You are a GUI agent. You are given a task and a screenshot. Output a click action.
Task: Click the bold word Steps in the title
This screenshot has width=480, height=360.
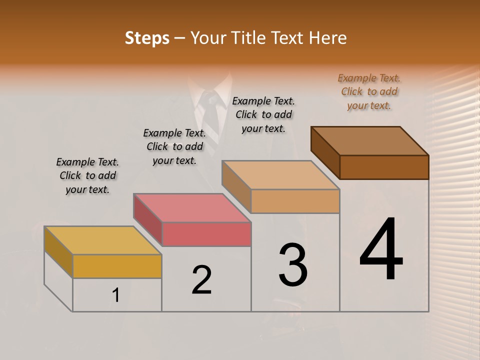[147, 38]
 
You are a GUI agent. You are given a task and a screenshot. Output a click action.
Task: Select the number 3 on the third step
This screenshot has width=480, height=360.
[293, 265]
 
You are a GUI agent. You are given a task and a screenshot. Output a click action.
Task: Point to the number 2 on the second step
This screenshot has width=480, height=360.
[202, 280]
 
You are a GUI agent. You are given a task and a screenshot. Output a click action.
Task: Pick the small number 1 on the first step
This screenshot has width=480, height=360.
[116, 295]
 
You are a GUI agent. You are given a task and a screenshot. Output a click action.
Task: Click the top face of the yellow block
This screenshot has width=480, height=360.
[102, 240]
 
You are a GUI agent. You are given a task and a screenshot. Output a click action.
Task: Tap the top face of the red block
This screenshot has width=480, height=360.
[192, 208]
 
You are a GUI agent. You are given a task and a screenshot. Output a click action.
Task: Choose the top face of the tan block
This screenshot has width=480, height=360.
[280, 175]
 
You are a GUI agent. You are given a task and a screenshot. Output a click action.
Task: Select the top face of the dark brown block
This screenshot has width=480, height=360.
[370, 141]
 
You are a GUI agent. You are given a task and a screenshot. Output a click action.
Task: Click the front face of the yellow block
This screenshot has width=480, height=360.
[117, 266]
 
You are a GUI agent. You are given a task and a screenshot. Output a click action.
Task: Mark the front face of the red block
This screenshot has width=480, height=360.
[206, 234]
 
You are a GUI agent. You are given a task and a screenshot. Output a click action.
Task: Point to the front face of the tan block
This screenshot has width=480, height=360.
[295, 201]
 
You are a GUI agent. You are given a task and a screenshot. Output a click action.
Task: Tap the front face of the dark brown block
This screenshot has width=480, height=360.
[384, 167]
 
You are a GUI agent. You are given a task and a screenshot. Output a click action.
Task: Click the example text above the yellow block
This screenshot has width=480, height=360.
[87, 175]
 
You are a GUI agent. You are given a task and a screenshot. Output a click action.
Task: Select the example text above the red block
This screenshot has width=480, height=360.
[174, 146]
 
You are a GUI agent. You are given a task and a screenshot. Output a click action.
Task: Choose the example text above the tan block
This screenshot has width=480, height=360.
[263, 114]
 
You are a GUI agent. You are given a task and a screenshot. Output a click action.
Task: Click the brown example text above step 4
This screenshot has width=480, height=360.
[369, 91]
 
